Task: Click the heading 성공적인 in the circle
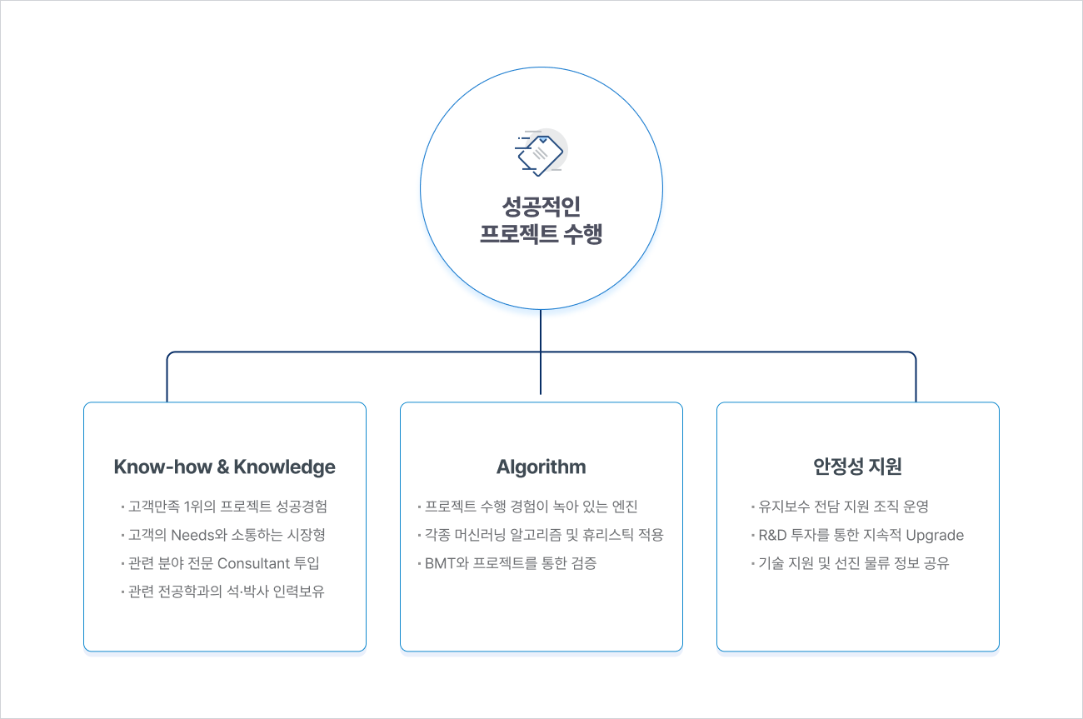tap(541, 207)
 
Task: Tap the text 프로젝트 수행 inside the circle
tap(541, 234)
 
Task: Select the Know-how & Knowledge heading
tap(225, 467)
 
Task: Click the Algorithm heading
tap(541, 467)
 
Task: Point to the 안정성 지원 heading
tap(858, 467)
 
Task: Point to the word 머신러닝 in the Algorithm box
tap(480, 535)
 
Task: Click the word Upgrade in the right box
tap(935, 535)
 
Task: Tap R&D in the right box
tap(772, 535)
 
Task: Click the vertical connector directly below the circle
tap(541, 352)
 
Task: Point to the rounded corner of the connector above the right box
tap(913, 355)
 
